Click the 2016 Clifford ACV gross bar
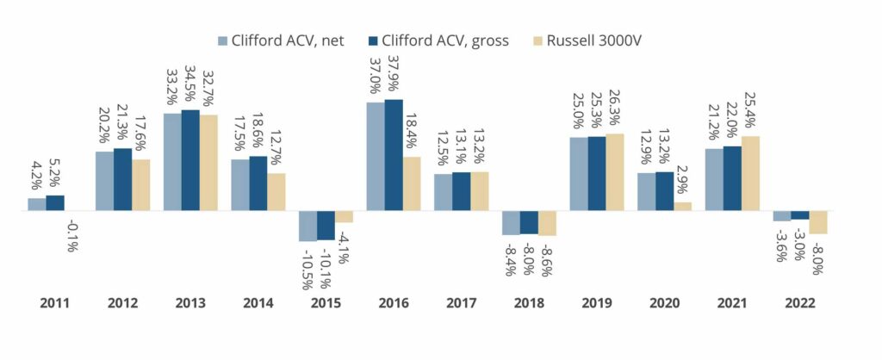[394, 155]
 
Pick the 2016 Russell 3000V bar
[412, 183]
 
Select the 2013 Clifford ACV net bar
[172, 162]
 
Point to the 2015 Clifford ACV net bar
[307, 226]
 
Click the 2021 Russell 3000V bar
[750, 173]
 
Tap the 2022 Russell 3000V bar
[818, 222]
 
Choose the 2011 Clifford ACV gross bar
[55, 203]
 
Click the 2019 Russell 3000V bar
[615, 172]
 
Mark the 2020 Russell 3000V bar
[682, 207]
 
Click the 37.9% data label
[394, 76]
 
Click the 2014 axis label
[258, 303]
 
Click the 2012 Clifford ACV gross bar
[123, 179]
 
